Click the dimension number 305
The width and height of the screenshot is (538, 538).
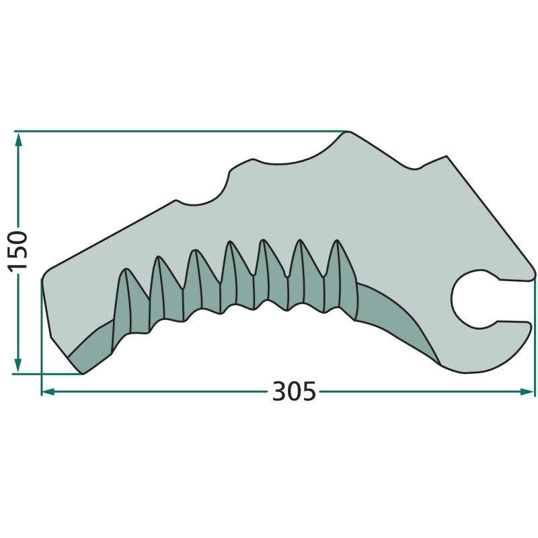(x=294, y=391)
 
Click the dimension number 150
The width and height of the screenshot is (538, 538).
(x=17, y=252)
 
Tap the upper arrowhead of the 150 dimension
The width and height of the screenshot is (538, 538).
(x=19, y=140)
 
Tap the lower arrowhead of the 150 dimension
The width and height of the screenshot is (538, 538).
(x=18, y=365)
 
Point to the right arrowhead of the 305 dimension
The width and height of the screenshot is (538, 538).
(x=527, y=391)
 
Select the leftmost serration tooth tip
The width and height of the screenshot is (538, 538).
(x=126, y=270)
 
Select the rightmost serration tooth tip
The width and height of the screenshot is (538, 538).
(x=337, y=240)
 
